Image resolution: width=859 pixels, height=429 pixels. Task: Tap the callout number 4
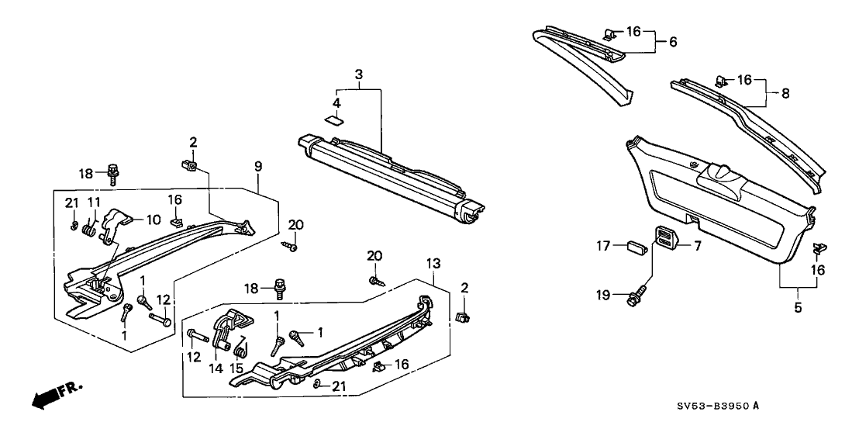336,102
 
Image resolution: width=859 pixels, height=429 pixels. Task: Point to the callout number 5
798,308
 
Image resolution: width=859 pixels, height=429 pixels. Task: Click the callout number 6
672,42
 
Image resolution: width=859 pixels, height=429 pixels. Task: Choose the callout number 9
257,166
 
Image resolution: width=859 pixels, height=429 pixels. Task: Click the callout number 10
144,220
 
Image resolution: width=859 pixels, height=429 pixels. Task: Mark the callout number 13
433,264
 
